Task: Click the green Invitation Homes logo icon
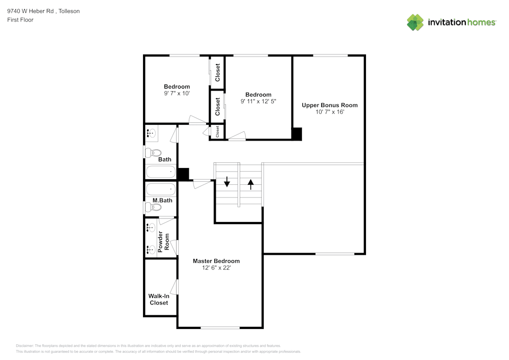click(x=415, y=22)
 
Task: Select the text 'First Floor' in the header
click(x=20, y=20)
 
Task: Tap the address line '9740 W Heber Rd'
click(x=30, y=11)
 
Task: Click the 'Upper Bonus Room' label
click(x=329, y=105)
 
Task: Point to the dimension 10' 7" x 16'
click(x=329, y=112)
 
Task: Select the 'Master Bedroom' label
click(x=216, y=261)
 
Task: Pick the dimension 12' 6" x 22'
click(x=216, y=268)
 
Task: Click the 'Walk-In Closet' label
click(x=158, y=299)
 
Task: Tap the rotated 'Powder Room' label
click(x=163, y=242)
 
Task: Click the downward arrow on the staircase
click(x=227, y=182)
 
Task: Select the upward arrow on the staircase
click(x=250, y=183)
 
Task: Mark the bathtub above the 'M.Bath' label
click(x=161, y=190)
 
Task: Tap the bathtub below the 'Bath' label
click(x=161, y=172)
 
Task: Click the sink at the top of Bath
click(x=151, y=133)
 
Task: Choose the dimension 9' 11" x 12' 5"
click(x=258, y=102)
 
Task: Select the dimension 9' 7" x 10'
click(x=177, y=94)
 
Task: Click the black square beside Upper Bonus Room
click(x=297, y=134)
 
